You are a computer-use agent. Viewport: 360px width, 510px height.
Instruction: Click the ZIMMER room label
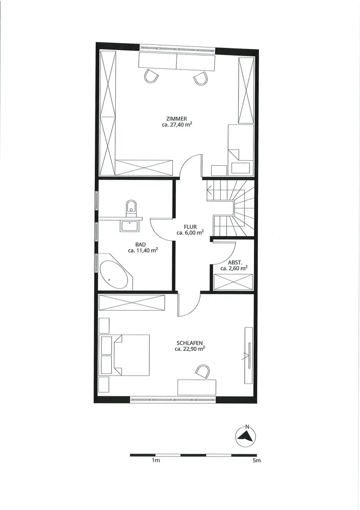[x=176, y=119]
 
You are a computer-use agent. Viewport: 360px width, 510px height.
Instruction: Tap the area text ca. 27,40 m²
[x=176, y=124]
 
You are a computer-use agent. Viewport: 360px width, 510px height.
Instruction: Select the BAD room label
[x=141, y=245]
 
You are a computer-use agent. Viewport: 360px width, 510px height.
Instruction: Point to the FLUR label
[x=190, y=227]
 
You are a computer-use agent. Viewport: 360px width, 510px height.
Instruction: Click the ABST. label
[x=235, y=263]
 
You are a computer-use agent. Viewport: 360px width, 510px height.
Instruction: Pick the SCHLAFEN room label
[x=190, y=343]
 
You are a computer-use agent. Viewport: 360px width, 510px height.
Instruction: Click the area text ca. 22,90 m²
[x=190, y=349]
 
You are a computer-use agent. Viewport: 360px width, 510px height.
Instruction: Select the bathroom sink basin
[x=130, y=226]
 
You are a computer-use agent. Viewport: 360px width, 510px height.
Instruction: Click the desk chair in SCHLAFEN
[x=203, y=371]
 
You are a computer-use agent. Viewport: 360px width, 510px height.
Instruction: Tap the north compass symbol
[x=246, y=435]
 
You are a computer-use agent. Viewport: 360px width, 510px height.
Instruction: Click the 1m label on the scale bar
[x=156, y=461]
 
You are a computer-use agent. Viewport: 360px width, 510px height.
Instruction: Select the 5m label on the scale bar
[x=257, y=461]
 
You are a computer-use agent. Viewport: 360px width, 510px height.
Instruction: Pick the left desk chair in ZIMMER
[x=151, y=76]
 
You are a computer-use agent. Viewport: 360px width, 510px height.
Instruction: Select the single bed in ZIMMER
[x=240, y=149]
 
